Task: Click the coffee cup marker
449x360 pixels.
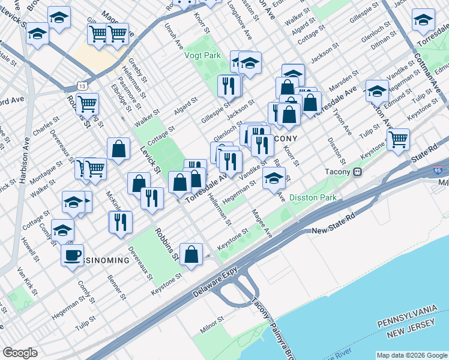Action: pyautogui.click(x=72, y=255)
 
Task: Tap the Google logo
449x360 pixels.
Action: pyautogui.click(x=20, y=353)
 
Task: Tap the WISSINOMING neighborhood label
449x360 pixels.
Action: pyautogui.click(x=103, y=260)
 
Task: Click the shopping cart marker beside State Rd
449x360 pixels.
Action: pyautogui.click(x=398, y=140)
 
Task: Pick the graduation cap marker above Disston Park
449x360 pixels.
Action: pyautogui.click(x=274, y=178)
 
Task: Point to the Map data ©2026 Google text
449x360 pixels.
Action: pyautogui.click(x=411, y=355)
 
